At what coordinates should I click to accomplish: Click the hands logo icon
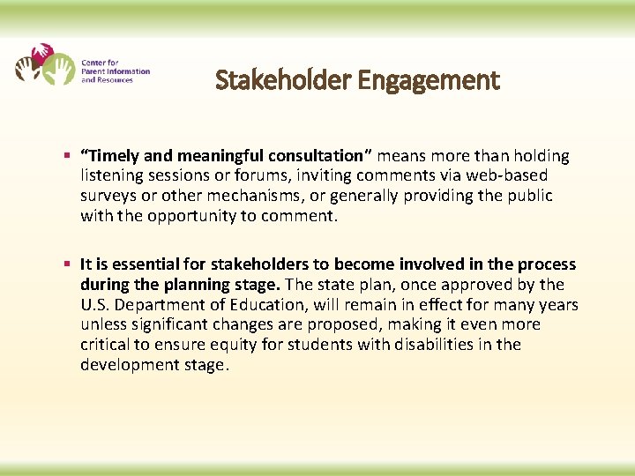pyautogui.click(x=44, y=64)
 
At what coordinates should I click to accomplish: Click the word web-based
pyautogui.click(x=509, y=176)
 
